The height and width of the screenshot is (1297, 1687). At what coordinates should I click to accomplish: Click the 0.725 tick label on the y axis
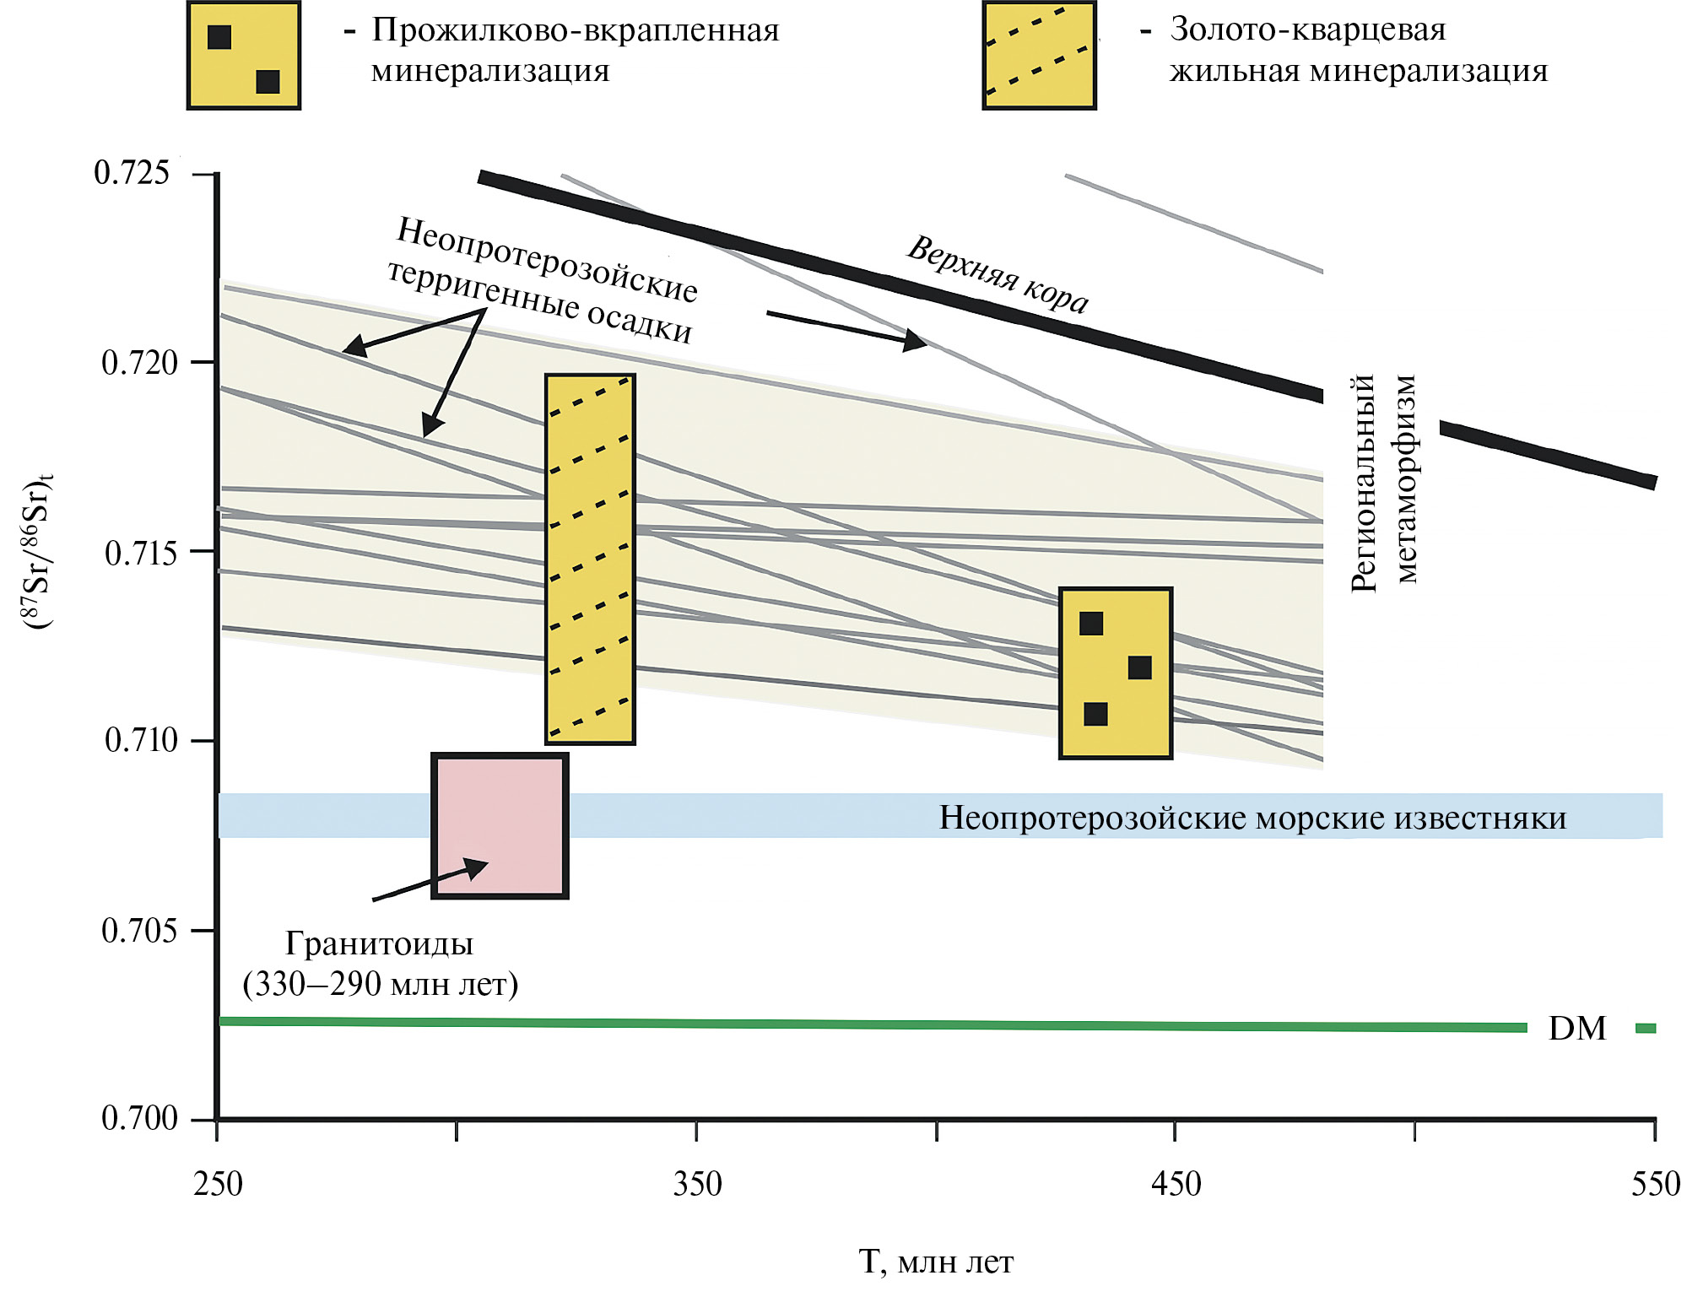132,173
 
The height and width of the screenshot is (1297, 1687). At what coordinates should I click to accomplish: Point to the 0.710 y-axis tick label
141,740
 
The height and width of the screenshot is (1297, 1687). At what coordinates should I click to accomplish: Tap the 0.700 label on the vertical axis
139,1118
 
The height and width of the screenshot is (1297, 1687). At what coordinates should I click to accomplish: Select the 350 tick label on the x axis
697,1184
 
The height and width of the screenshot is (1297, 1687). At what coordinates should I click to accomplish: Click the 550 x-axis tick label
1655,1184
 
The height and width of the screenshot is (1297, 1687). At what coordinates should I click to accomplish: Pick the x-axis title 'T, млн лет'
935,1262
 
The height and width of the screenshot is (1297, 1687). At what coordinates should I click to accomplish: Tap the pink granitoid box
500,825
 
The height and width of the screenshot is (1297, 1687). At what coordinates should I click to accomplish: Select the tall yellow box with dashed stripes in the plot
590,559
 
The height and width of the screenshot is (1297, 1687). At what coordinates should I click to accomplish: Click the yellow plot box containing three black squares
1115,673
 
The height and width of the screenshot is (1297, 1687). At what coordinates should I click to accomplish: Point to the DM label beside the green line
1576,1028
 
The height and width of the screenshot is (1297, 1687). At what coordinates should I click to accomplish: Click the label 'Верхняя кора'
998,274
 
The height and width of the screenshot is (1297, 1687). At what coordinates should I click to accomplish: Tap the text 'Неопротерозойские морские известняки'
1252,817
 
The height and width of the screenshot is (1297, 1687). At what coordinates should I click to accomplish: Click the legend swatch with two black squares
244,56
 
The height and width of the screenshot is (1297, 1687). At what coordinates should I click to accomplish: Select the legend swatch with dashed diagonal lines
1039,56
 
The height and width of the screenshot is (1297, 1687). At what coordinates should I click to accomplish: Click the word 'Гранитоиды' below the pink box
379,943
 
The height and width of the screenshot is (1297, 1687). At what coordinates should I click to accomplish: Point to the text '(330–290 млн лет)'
380,984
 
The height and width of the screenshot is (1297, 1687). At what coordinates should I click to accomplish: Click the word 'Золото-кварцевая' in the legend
1307,30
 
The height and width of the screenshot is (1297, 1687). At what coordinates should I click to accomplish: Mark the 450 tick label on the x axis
1176,1184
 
